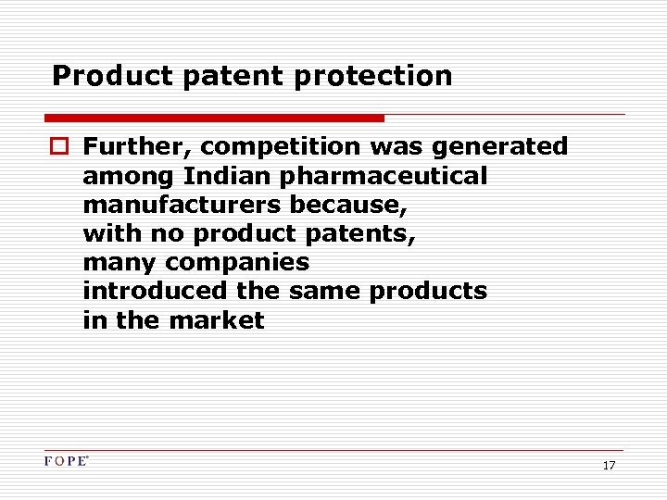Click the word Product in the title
[112, 76]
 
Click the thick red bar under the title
[214, 119]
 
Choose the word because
[348, 205]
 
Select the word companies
[237, 262]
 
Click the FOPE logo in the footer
[67, 461]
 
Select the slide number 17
[609, 465]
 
